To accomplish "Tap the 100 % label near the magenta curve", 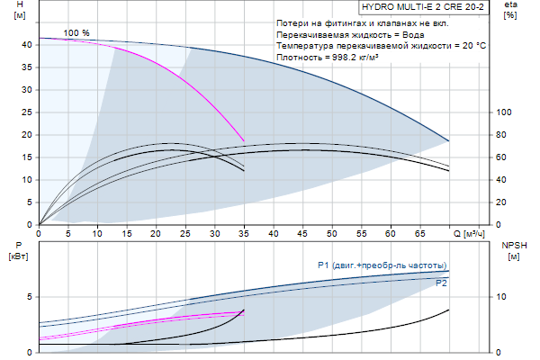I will pos(76,33).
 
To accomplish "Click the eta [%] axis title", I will pos(510,12).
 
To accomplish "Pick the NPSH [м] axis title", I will pos(511,249).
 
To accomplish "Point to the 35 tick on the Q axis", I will pos(244,234).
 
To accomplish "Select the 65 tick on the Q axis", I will pos(419,234).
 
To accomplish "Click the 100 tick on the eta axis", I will pos(504,112).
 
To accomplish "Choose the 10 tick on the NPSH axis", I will pos(503,296).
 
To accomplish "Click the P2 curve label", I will pos(441,283).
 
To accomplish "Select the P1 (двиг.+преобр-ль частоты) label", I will pos(382,265).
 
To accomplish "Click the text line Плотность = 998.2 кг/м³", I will pos(338,57).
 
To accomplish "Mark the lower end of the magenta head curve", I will pos(244,140).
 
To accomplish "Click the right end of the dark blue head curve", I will pos(449,140).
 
